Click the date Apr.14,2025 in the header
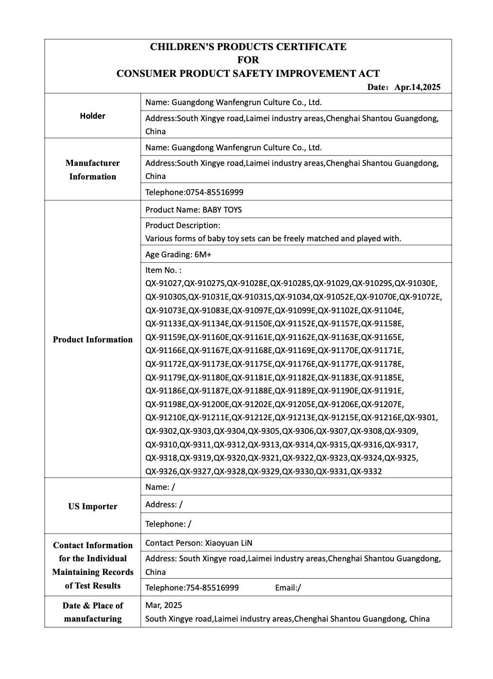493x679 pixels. point(417,88)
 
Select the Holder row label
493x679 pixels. point(92,116)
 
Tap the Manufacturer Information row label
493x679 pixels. point(92,170)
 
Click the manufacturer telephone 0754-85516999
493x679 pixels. point(214,192)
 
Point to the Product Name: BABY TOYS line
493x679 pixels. point(194,210)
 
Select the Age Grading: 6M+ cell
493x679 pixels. point(178,254)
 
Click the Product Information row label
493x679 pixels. point(92,339)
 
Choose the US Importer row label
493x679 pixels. point(92,506)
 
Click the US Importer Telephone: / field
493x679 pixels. point(168,524)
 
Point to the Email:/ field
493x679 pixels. point(288,588)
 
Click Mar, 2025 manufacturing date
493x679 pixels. point(164,606)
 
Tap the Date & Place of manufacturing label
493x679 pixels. point(92,612)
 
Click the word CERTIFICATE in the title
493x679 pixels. point(311,47)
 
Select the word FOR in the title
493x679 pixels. point(248,60)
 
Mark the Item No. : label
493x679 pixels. point(163,270)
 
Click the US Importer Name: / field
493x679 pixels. point(160,487)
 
